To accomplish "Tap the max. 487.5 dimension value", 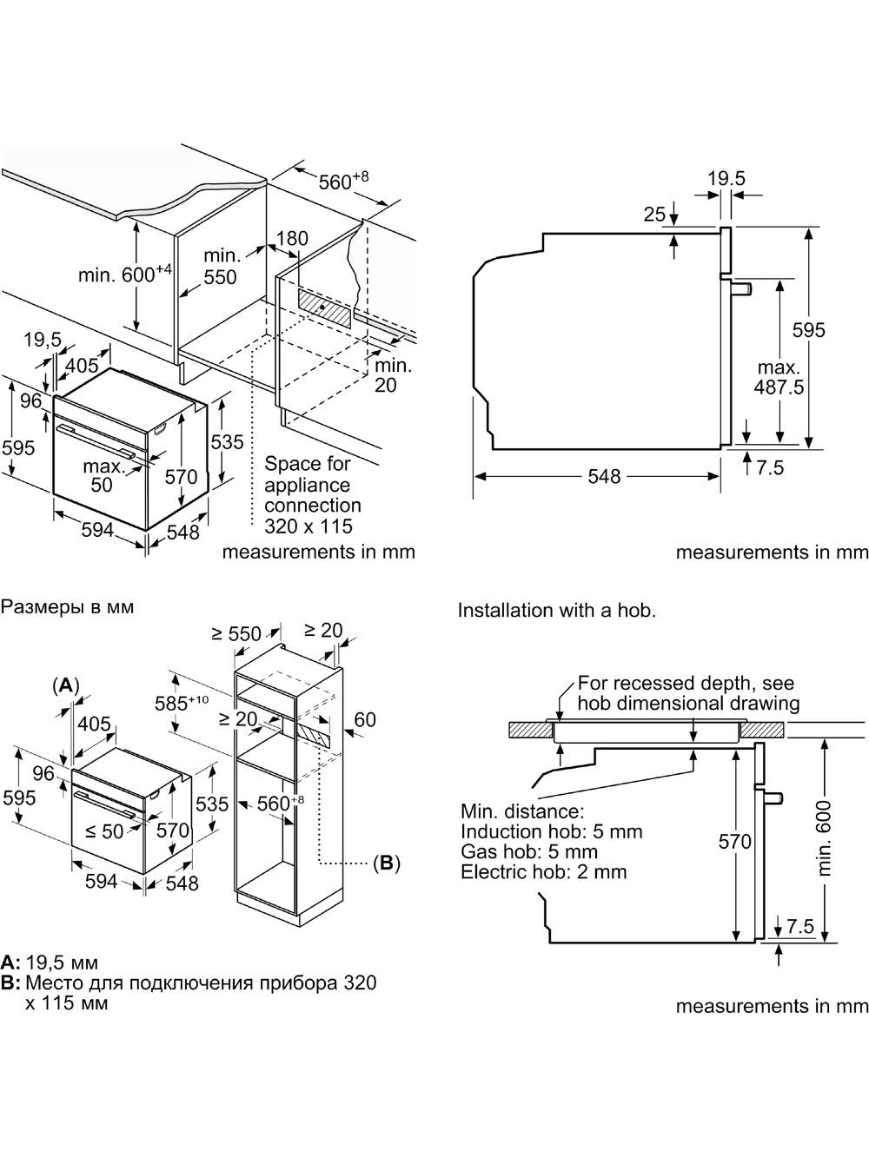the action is click(x=779, y=377).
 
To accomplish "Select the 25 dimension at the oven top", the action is click(x=654, y=215).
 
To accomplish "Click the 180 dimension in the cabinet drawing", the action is click(x=292, y=238).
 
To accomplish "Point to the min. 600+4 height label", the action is click(x=126, y=274).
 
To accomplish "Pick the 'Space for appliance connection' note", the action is click(x=313, y=485).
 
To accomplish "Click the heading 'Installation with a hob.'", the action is click(x=557, y=611).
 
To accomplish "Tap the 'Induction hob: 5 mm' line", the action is click(x=551, y=831).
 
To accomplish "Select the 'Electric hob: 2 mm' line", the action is click(x=543, y=871).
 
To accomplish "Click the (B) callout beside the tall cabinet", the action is click(x=386, y=863).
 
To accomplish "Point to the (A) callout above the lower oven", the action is click(x=65, y=685).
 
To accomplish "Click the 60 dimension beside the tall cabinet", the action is click(x=365, y=719).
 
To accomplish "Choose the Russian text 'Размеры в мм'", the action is click(x=67, y=606).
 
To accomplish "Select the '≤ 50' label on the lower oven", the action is click(x=104, y=831).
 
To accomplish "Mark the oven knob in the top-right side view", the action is click(x=740, y=288).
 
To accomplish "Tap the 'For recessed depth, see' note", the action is click(x=686, y=683).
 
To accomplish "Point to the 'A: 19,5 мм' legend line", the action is click(x=50, y=963).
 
